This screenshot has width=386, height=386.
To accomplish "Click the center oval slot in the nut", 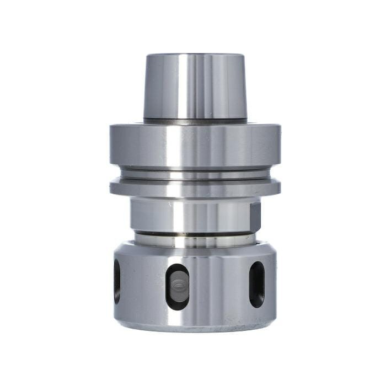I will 177,286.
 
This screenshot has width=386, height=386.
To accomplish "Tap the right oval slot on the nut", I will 256,284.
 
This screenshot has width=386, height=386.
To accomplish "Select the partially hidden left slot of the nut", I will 117,281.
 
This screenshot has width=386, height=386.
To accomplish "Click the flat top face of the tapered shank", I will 195,55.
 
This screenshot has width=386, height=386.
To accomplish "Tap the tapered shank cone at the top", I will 165,88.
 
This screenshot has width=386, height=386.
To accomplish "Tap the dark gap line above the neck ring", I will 195,233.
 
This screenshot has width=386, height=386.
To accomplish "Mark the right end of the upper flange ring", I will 276,144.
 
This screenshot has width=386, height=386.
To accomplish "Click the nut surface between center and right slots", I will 218,287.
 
